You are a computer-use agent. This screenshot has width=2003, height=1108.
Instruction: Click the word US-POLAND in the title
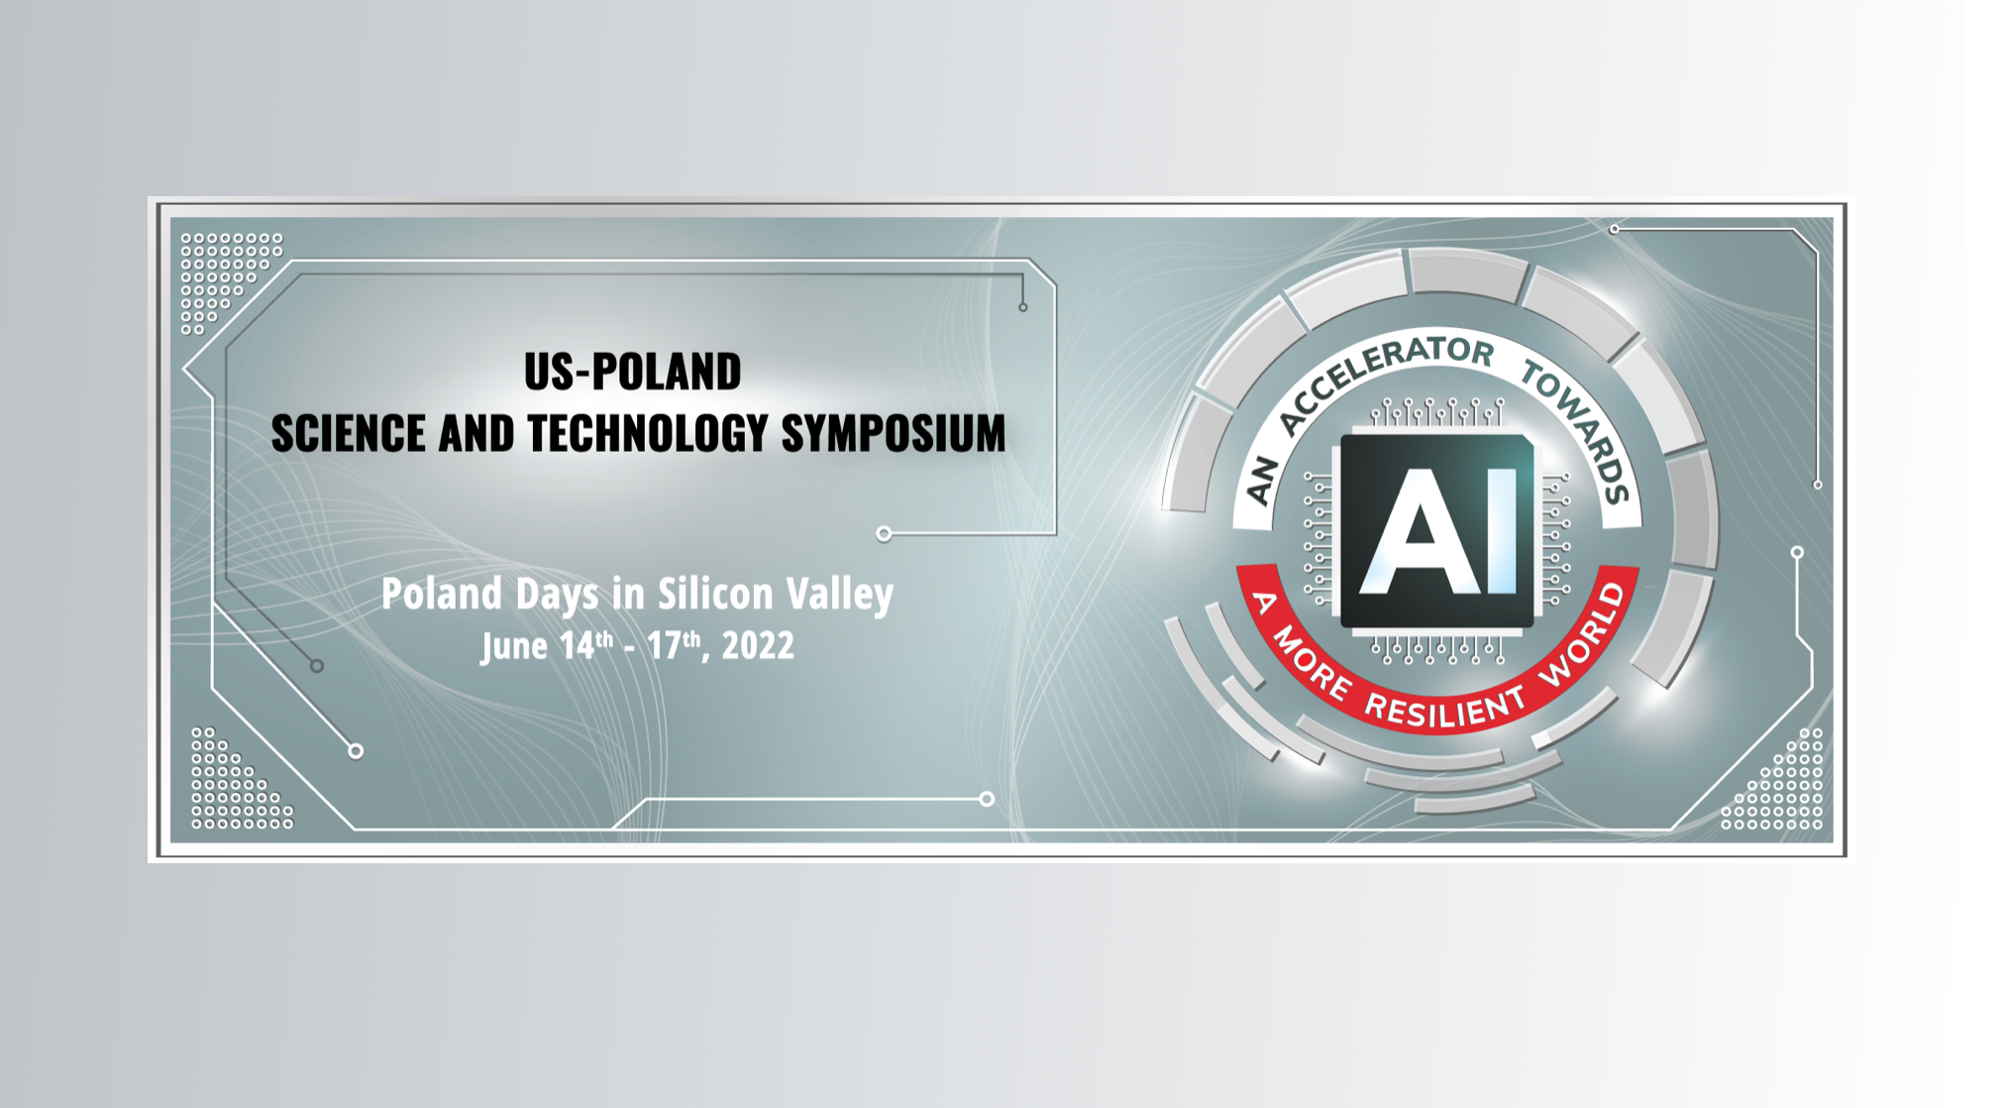coord(632,372)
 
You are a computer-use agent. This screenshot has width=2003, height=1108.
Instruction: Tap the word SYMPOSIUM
coord(894,433)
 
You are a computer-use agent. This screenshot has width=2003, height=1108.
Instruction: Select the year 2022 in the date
coord(758,646)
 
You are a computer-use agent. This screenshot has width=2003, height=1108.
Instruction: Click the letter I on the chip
coord(1502,531)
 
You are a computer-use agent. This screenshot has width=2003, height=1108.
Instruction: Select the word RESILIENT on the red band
coord(1446,707)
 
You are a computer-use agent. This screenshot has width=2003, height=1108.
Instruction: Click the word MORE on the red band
coord(1314,663)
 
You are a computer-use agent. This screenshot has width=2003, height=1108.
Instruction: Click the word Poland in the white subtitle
coord(442,594)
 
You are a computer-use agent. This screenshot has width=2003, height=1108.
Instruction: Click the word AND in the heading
coord(476,433)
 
